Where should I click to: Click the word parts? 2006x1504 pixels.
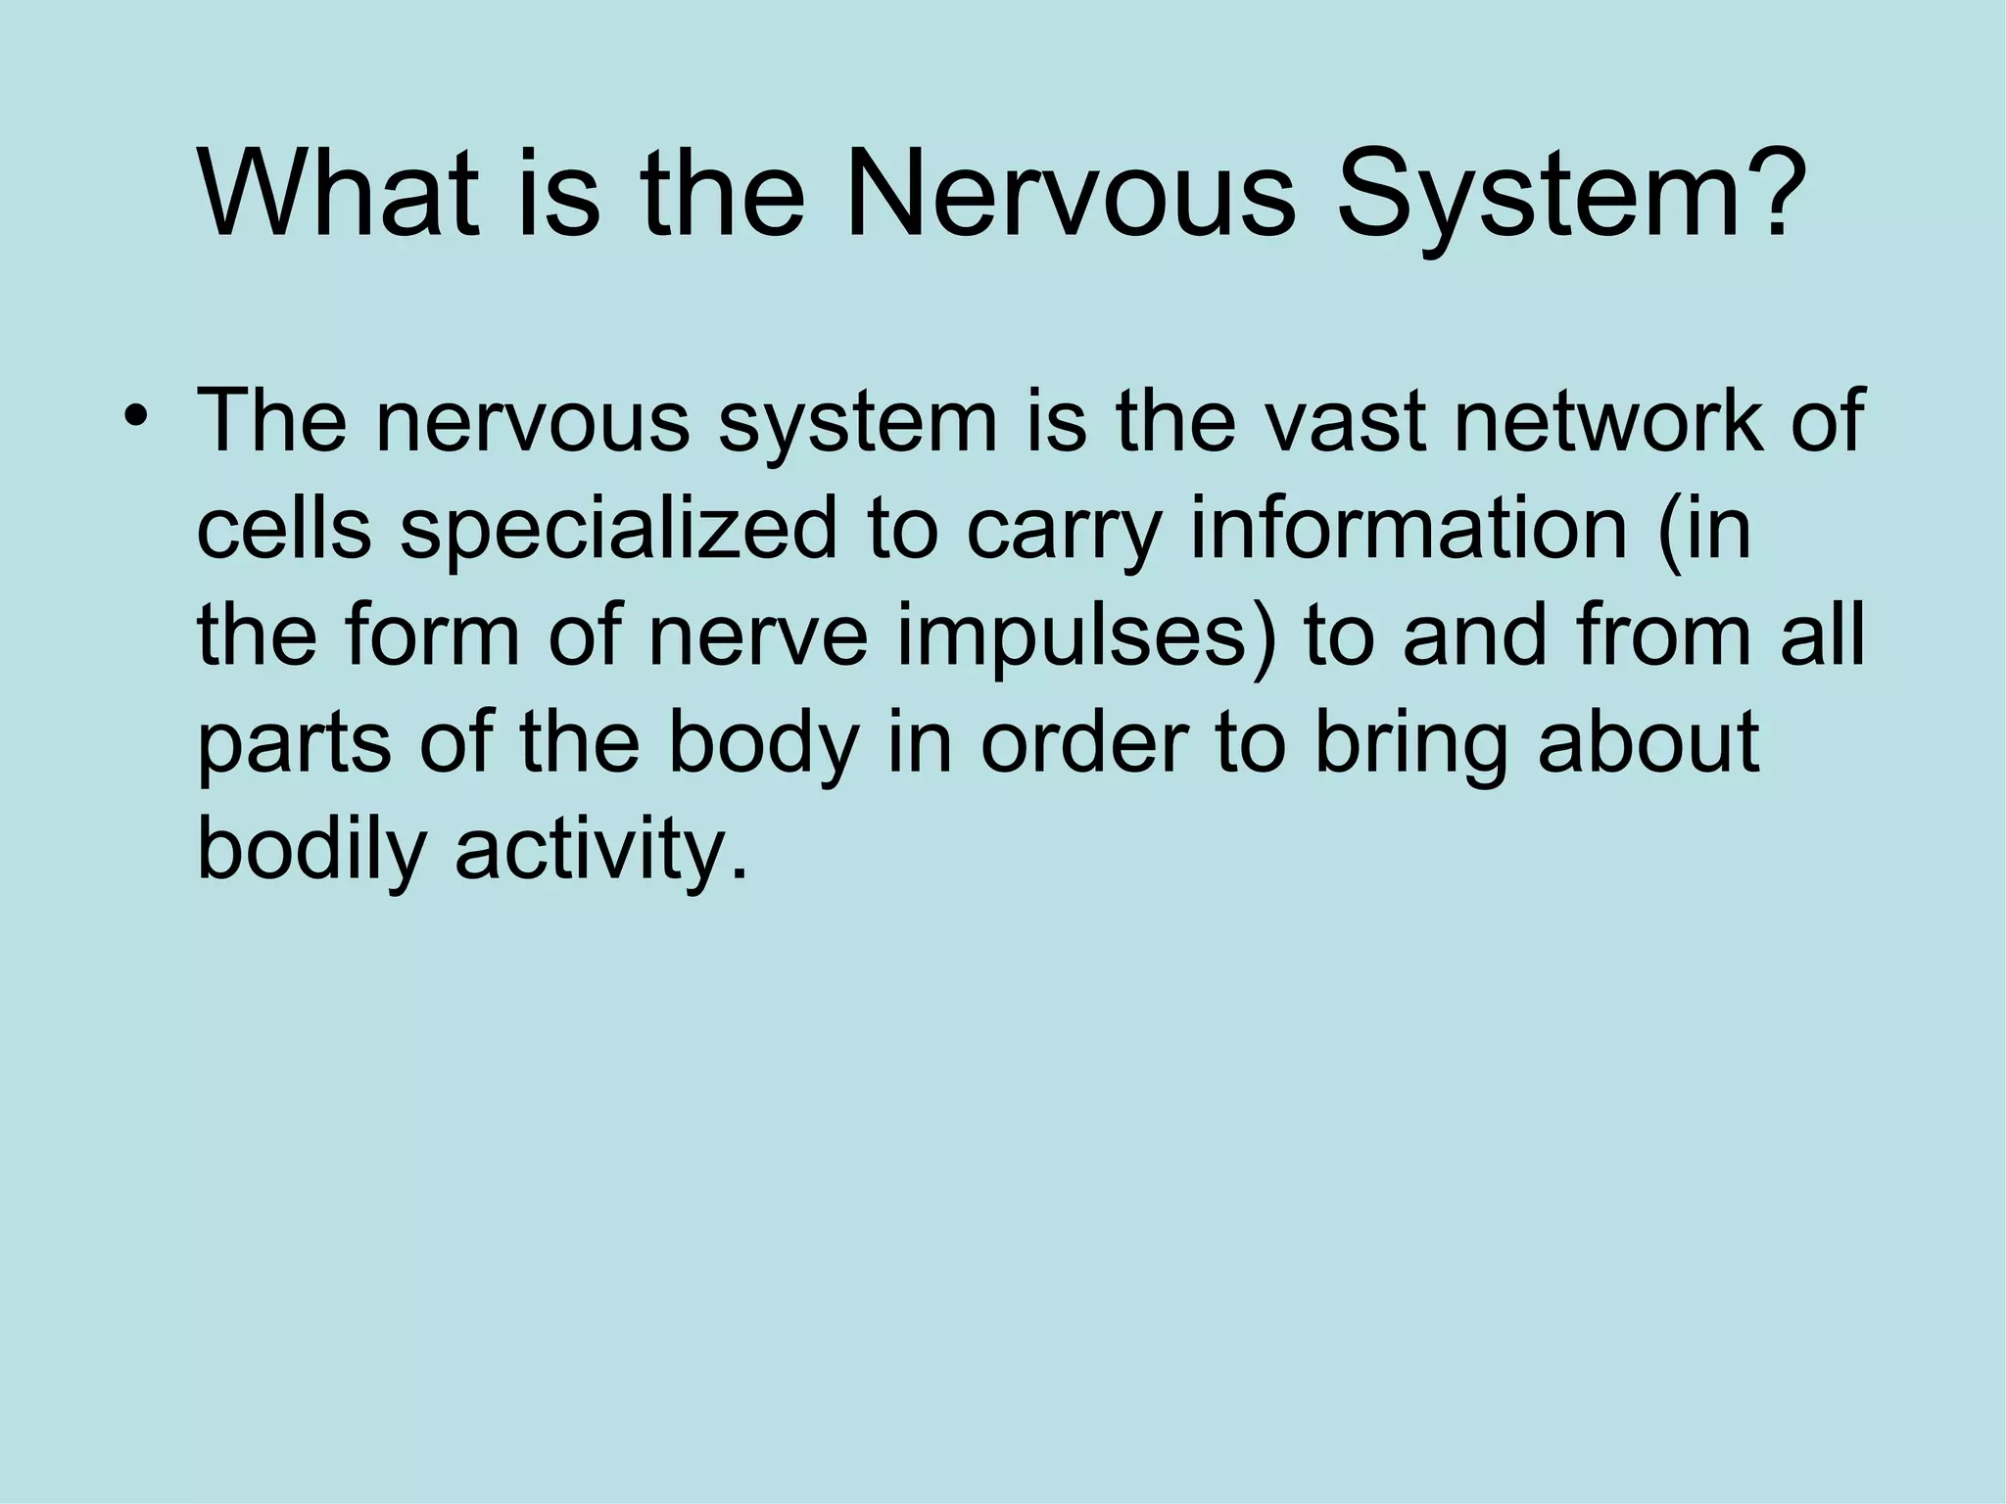click(295, 744)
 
